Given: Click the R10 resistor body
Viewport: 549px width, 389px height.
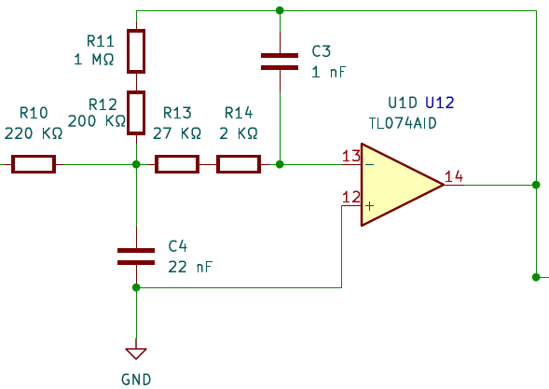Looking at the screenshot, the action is click(34, 164).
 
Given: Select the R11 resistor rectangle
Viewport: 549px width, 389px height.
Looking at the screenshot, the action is click(136, 51).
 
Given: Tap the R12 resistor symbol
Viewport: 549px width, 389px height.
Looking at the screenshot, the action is click(136, 113).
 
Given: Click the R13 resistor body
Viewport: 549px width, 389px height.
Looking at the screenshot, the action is click(177, 164).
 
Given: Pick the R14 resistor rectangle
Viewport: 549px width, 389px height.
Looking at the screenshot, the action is click(239, 164).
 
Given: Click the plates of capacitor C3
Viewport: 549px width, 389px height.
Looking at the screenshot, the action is click(280, 62).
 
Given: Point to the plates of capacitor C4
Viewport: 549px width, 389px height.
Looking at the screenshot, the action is click(136, 257).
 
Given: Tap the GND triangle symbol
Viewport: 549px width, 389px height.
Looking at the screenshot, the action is click(136, 354).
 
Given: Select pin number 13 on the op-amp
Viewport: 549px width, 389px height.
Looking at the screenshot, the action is click(351, 156).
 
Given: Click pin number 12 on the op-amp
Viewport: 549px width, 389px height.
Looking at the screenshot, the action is click(351, 198).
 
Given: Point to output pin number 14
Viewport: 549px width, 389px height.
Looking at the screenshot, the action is click(454, 176).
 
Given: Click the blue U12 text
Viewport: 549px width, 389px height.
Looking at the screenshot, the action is click(440, 103).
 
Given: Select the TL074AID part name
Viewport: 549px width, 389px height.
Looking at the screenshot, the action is click(403, 123).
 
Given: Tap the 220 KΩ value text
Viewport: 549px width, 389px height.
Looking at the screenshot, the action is click(34, 133).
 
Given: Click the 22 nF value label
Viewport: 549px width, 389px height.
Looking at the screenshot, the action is click(190, 267).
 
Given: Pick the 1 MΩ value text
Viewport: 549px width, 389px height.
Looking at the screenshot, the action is click(94, 60).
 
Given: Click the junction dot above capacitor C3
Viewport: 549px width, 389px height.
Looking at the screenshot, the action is click(280, 10).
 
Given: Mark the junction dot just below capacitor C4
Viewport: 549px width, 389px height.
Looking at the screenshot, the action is click(136, 287).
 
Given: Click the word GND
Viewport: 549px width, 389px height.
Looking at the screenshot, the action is click(136, 380).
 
